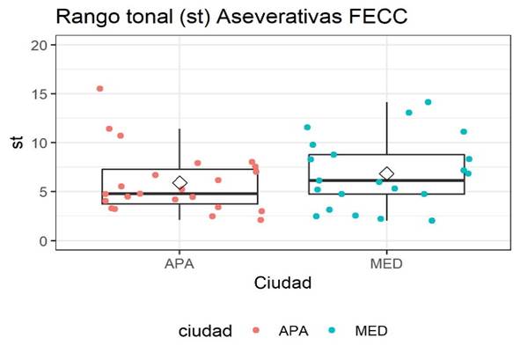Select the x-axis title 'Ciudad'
(x=282, y=283)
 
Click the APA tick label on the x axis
(x=179, y=262)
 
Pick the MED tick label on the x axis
(x=386, y=262)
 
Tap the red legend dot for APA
(x=255, y=331)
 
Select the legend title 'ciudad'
(x=205, y=331)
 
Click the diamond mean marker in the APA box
(x=179, y=182)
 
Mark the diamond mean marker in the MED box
(x=386, y=173)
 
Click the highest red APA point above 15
(x=99, y=89)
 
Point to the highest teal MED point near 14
(x=428, y=102)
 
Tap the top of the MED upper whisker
(x=386, y=103)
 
